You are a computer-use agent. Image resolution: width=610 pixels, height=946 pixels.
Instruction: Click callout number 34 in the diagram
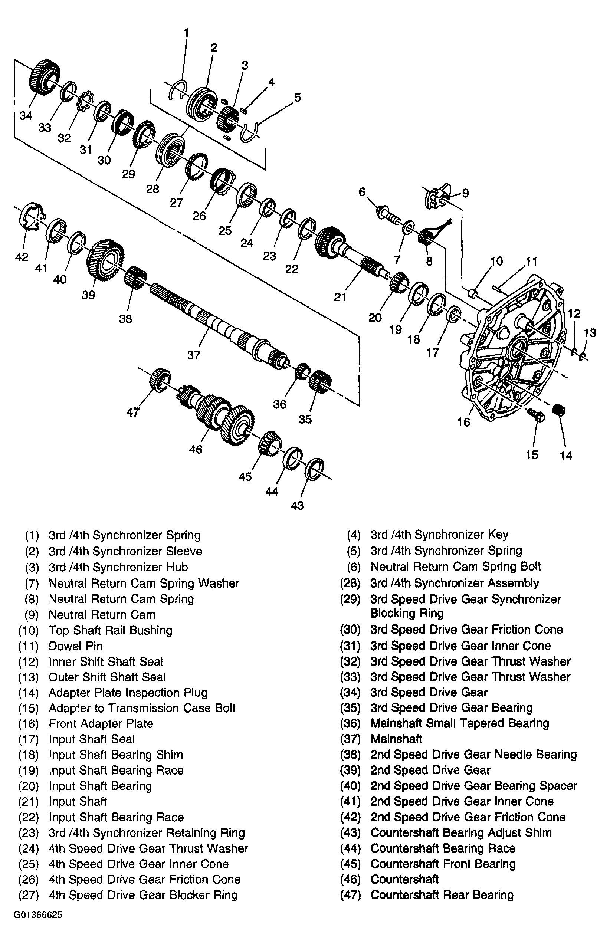tap(26, 116)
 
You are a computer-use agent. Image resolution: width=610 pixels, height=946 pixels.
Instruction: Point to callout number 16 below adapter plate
tap(463, 422)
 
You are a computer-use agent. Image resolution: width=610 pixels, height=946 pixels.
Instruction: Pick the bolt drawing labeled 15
tap(537, 415)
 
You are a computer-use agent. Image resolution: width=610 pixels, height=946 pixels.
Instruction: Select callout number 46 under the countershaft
tap(196, 449)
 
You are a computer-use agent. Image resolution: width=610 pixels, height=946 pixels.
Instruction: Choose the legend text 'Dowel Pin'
tap(76, 646)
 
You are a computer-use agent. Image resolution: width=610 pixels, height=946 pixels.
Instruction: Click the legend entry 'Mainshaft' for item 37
tap(396, 739)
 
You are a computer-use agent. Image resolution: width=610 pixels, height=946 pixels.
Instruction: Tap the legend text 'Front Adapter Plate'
tap(101, 723)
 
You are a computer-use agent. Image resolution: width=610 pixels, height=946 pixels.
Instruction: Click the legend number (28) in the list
tap(350, 583)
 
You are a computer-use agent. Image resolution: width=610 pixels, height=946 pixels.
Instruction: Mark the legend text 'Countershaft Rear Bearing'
tap(442, 894)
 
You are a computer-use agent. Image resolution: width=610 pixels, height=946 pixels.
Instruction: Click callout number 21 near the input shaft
tap(340, 297)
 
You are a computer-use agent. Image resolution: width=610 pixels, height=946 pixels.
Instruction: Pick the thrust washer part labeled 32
tap(85, 102)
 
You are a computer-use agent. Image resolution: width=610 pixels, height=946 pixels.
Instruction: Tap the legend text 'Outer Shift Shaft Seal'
tap(107, 677)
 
